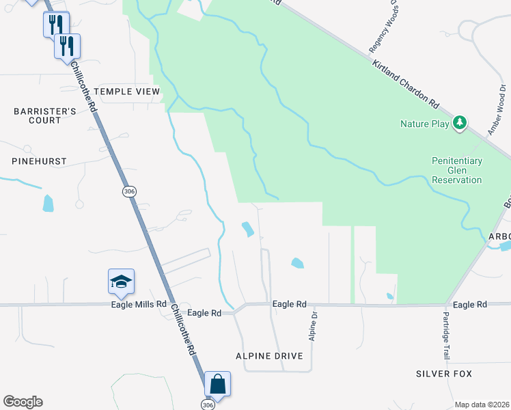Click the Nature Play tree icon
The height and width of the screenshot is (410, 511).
(461, 123)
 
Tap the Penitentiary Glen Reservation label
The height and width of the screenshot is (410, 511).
(457, 170)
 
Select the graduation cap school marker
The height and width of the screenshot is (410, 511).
(121, 282)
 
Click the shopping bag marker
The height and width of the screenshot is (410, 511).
(217, 385)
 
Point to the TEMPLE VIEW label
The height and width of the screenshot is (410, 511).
(126, 91)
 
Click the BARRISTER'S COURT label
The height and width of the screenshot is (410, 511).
(37, 115)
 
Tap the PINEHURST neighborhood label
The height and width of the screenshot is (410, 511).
(39, 161)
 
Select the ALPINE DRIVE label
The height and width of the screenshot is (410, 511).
(269, 356)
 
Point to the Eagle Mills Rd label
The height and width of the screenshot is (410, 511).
(139, 304)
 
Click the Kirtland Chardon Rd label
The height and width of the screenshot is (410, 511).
(405, 85)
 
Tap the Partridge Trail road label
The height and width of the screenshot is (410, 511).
(445, 336)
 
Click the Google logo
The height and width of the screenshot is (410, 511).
(23, 402)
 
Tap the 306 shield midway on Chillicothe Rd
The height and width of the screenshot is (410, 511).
(129, 191)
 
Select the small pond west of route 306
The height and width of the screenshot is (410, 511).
(48, 203)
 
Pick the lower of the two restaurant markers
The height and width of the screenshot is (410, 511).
(67, 46)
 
